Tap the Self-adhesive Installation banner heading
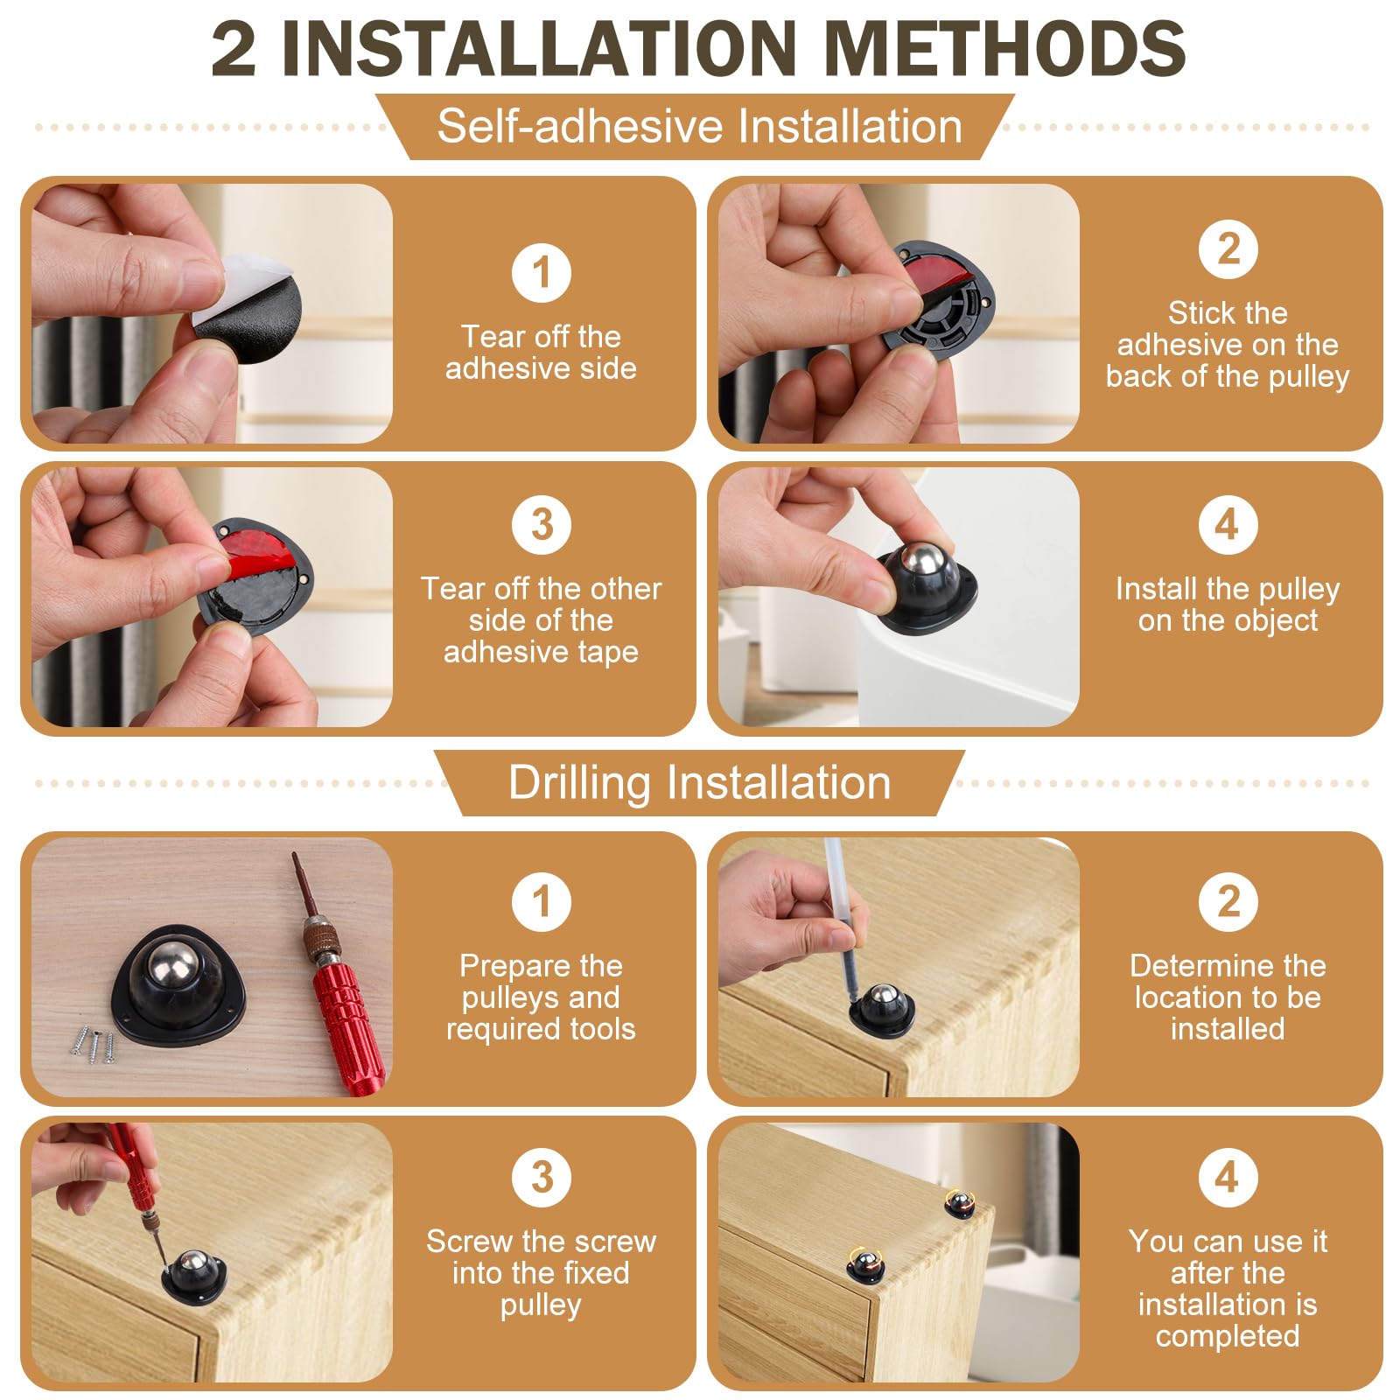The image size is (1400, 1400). click(x=699, y=127)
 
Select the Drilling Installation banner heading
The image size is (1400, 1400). click(x=699, y=782)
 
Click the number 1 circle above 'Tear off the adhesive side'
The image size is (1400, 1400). click(x=541, y=273)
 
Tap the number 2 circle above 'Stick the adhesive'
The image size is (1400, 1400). click(x=1228, y=249)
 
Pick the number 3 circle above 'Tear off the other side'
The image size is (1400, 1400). click(x=541, y=525)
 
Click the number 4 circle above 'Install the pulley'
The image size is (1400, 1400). click(x=1228, y=525)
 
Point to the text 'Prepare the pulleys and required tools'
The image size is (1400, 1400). click(x=541, y=997)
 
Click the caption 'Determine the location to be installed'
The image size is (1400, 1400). click(x=1228, y=997)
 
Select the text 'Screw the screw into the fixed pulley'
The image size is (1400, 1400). click(x=541, y=1273)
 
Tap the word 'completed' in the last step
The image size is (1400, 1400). click(x=1228, y=1336)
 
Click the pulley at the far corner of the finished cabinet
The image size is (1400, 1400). click(x=959, y=1202)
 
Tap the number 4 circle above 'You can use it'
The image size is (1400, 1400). click(x=1228, y=1177)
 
